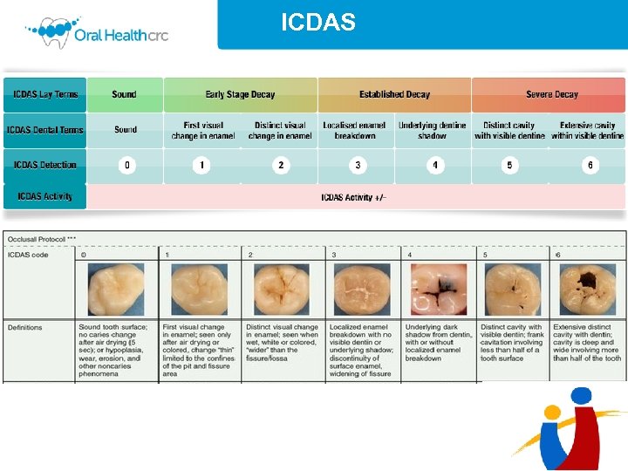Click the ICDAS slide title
pyautogui.click(x=317, y=23)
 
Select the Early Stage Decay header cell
pyautogui.click(x=240, y=94)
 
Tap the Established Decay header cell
pyautogui.click(x=394, y=94)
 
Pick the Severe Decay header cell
pyautogui.click(x=551, y=94)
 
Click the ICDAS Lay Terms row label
pyautogui.click(x=45, y=94)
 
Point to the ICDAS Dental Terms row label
pyautogui.click(x=45, y=130)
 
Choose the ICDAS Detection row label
pyautogui.click(x=45, y=165)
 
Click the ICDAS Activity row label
pyautogui.click(x=45, y=196)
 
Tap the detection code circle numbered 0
pyautogui.click(x=127, y=165)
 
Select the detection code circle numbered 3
pyautogui.click(x=357, y=165)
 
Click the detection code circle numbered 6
pyautogui.click(x=590, y=165)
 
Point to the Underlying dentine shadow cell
pyautogui.click(x=433, y=131)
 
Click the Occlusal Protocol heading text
pyautogui.click(x=42, y=238)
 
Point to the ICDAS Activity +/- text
pyautogui.click(x=353, y=197)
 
